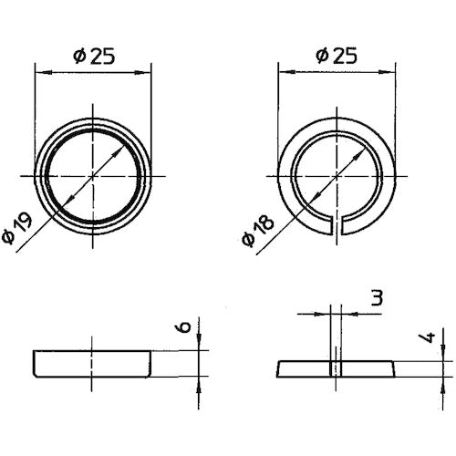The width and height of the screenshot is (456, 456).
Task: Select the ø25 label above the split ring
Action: tap(337, 56)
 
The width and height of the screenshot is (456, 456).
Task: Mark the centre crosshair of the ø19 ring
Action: tap(91, 174)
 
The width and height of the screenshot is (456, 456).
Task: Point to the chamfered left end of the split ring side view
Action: tap(279, 370)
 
